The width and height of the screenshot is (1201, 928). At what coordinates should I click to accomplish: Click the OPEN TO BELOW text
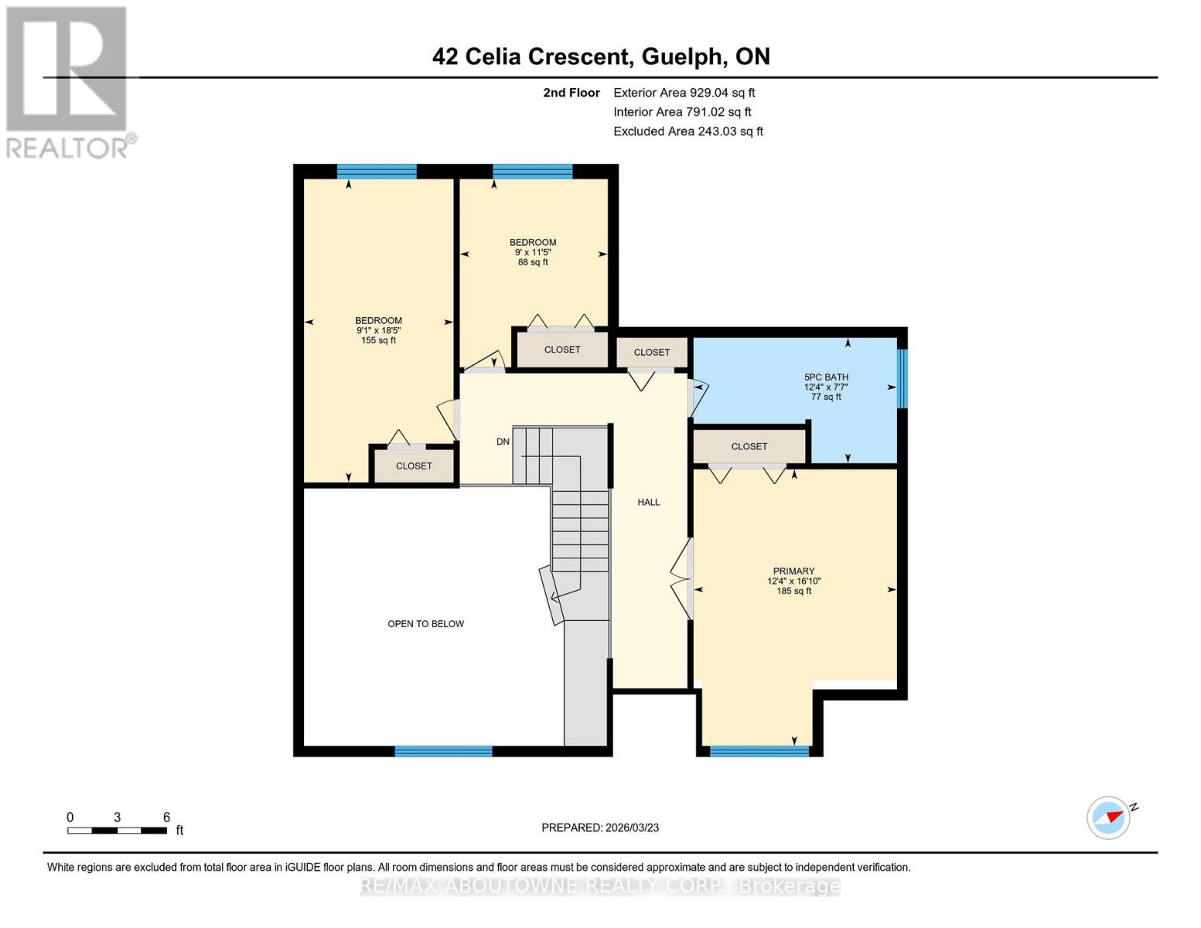(425, 624)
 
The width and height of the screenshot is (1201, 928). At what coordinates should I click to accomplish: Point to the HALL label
(648, 503)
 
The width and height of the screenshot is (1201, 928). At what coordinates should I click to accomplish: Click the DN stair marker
(503, 442)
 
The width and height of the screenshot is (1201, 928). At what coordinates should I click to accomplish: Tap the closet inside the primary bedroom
(749, 446)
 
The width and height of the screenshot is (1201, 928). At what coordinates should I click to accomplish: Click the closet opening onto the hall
(651, 353)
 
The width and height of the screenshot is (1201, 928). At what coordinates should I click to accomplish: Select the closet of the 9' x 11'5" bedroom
(561, 350)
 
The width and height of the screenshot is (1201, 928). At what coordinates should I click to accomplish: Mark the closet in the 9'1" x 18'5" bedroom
(414, 466)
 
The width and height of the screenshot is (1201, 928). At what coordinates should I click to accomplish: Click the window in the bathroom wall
(902, 379)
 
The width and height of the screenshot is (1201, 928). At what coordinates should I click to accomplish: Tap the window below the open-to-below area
(443, 751)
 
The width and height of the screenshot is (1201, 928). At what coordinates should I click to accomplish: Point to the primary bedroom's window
(759, 751)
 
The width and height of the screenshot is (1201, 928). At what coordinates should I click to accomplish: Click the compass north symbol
(1109, 817)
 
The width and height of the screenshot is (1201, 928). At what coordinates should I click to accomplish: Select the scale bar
(117, 831)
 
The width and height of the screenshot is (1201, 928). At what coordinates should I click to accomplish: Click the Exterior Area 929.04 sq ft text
(684, 93)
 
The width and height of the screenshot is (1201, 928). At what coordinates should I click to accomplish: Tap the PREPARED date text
(599, 827)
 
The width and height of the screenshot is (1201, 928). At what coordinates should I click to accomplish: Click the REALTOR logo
(68, 81)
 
